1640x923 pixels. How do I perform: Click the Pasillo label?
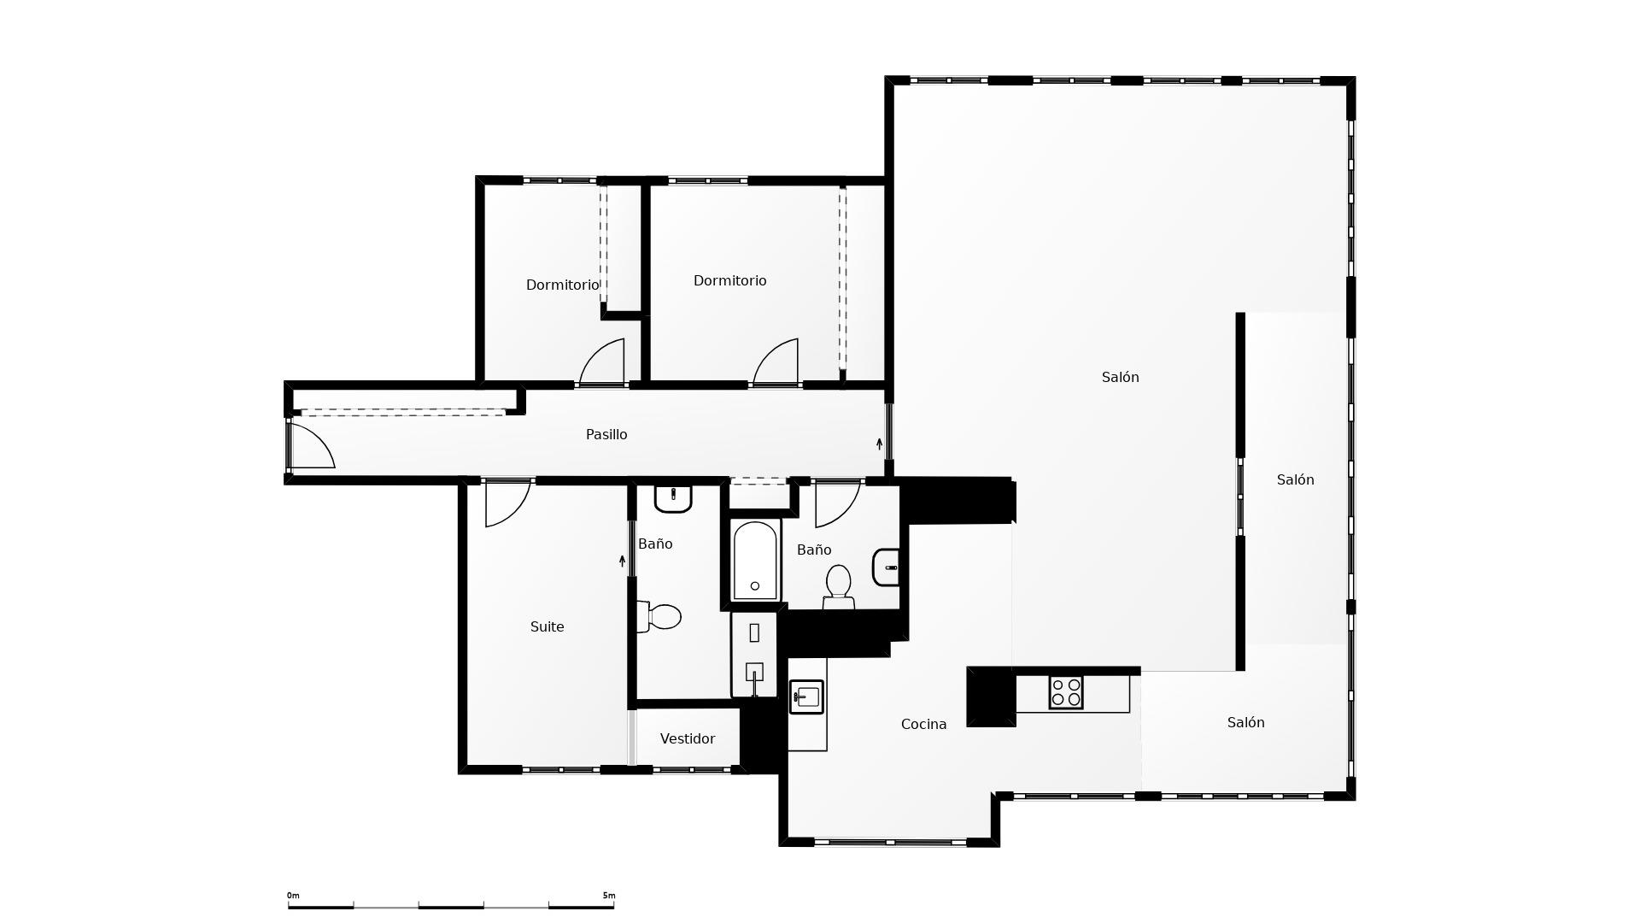pyautogui.click(x=606, y=435)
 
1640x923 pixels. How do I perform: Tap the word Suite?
pyautogui.click(x=548, y=627)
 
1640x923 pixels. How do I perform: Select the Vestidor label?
pyautogui.click(x=688, y=739)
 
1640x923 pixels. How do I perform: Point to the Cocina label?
pyautogui.click(x=923, y=725)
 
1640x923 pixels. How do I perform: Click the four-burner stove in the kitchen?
pyautogui.click(x=1066, y=692)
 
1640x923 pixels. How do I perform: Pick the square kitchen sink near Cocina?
pyautogui.click(x=806, y=697)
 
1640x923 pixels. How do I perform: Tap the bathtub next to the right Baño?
pyautogui.click(x=755, y=561)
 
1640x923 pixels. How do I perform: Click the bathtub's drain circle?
pyautogui.click(x=755, y=586)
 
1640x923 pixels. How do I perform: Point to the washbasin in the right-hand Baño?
pyautogui.click(x=886, y=567)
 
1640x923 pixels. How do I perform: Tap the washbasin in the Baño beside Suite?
pyautogui.click(x=673, y=498)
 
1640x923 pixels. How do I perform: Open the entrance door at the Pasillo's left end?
pyautogui.click(x=312, y=445)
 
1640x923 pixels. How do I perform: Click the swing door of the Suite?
pyautogui.click(x=507, y=504)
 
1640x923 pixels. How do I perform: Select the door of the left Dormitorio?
pyautogui.click(x=602, y=362)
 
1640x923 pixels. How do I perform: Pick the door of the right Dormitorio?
pyautogui.click(x=776, y=362)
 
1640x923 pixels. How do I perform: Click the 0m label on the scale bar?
pyautogui.click(x=293, y=896)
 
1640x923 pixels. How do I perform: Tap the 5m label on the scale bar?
pyautogui.click(x=609, y=896)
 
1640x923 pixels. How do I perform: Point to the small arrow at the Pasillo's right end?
pyautogui.click(x=879, y=444)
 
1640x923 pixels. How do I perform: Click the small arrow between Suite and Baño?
pyautogui.click(x=622, y=561)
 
